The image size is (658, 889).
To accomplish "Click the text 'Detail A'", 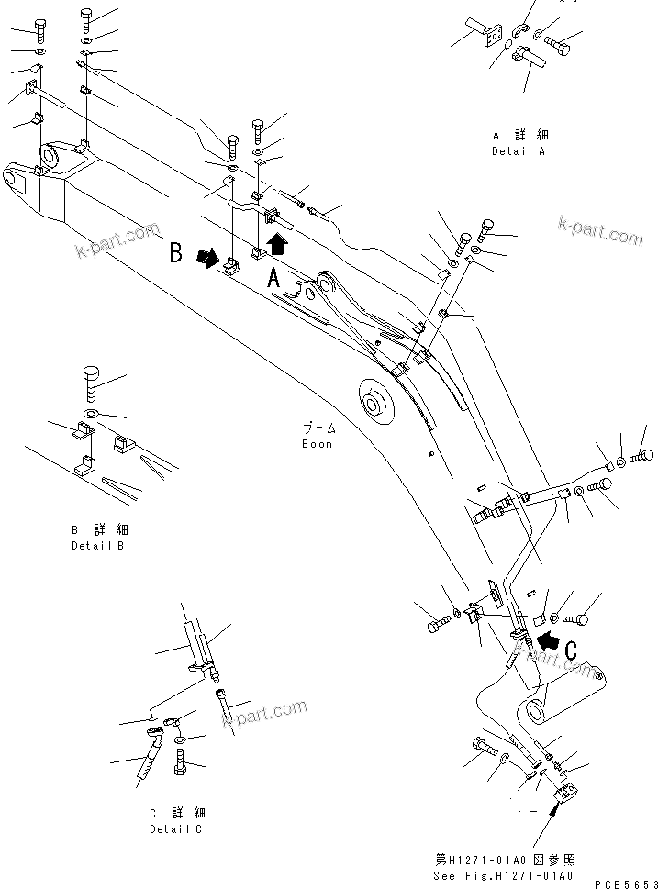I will (x=518, y=151).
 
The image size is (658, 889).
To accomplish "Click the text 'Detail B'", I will (x=98, y=546).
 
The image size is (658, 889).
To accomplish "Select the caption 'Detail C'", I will (x=177, y=829).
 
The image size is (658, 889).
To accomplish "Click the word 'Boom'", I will (x=317, y=444).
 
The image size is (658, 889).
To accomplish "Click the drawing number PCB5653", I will (x=623, y=883).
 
